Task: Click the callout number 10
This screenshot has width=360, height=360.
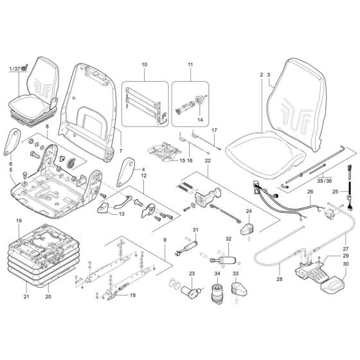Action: [143, 66]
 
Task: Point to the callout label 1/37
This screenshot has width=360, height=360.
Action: [14, 68]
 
